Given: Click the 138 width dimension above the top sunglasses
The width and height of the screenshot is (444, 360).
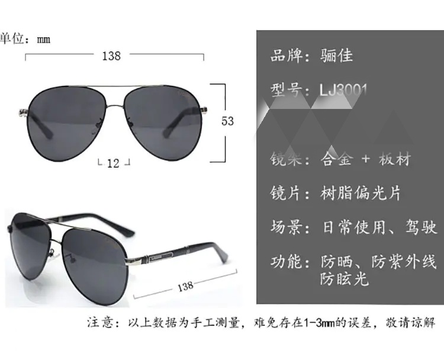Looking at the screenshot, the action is coord(111,56).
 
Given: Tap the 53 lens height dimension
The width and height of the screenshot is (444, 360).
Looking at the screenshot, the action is coord(228,121).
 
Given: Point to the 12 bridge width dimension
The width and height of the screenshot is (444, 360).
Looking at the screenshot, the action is coord(114,163).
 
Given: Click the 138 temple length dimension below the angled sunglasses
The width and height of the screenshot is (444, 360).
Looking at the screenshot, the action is coord(185,286).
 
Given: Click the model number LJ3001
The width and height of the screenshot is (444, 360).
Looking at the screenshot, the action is coord(343,90).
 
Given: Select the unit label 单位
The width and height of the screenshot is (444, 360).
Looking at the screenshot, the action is coord(13,39).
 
